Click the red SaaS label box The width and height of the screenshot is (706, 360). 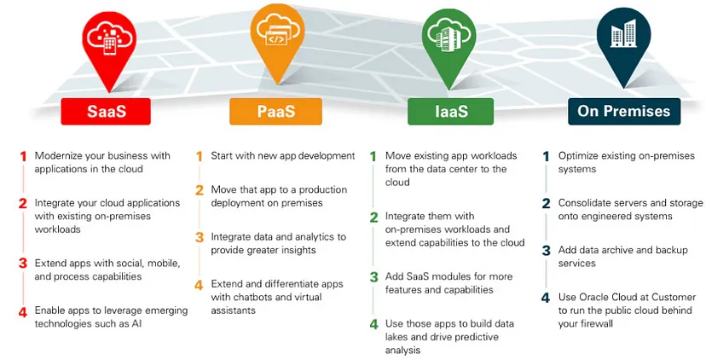click(106, 111)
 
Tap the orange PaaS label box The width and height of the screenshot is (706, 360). click(275, 111)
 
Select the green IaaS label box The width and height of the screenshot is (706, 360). click(451, 111)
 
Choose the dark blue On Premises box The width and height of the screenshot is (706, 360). click(624, 111)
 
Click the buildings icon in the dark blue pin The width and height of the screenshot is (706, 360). click(623, 33)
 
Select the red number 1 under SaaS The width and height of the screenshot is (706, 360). click(23, 156)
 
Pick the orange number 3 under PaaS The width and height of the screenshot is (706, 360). click(200, 237)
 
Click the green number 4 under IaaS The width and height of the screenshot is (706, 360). click(373, 324)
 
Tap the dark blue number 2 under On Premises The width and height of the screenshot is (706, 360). click(547, 204)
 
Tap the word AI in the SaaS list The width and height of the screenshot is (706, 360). click(136, 324)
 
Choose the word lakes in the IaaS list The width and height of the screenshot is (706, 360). click(397, 337)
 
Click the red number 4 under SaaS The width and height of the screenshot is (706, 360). click(23, 311)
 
